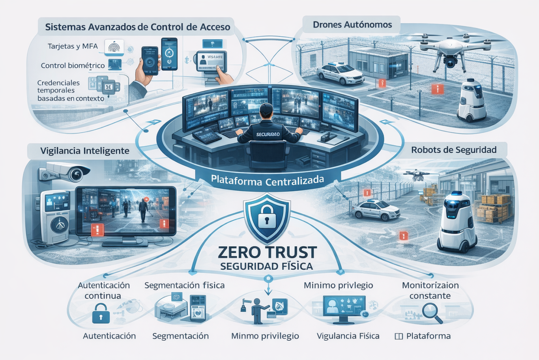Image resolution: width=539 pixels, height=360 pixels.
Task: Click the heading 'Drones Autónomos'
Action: click(352, 25)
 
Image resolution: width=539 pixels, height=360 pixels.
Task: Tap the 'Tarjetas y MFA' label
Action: click(73, 46)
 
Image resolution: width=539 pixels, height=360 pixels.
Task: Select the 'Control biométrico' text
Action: click(73, 65)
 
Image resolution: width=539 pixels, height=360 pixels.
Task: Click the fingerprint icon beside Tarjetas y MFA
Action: click(114, 48)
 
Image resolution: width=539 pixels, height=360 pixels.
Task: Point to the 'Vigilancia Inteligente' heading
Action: click(84, 151)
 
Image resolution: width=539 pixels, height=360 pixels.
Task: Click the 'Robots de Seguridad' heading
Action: click(453, 150)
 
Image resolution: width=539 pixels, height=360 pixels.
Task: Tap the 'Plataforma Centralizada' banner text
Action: click(267, 181)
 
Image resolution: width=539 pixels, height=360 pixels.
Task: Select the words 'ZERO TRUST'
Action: click(267, 252)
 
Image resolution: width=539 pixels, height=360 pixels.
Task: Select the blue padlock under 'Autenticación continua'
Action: click(101, 313)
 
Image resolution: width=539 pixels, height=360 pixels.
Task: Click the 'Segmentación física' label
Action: click(184, 285)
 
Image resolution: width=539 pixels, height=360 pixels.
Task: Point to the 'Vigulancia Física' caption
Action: click(348, 336)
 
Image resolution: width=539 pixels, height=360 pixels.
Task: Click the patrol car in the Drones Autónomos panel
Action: click(340, 74)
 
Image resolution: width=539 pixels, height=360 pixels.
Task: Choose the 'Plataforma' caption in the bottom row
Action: click(428, 336)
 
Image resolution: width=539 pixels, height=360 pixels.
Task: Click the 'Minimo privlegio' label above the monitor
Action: click(338, 285)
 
